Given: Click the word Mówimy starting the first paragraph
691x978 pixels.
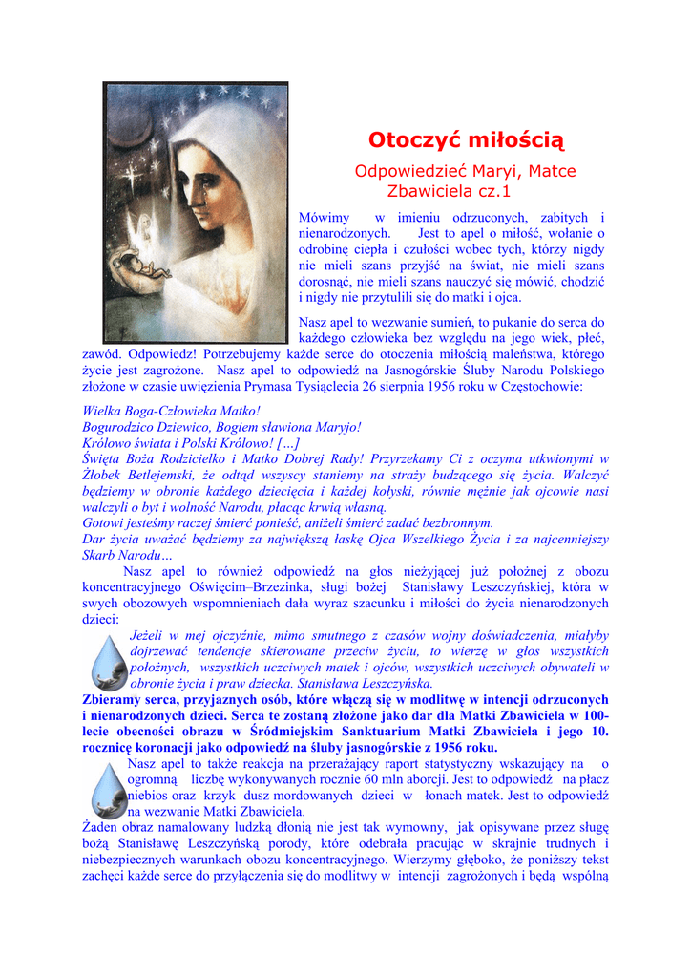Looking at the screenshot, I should (325, 219).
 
